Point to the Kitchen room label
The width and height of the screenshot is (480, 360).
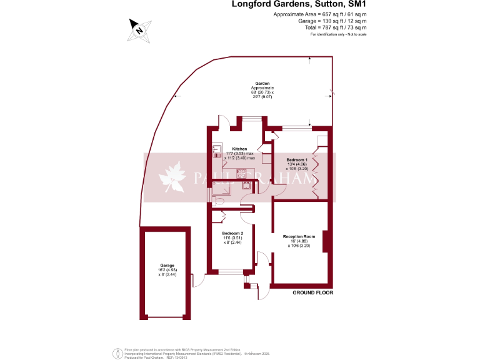(x=231, y=149)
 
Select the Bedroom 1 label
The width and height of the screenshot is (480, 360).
(x=297, y=160)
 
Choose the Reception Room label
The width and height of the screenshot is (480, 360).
(x=298, y=237)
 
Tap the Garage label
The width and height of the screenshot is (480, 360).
(x=166, y=265)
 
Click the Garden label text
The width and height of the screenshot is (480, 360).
(x=262, y=84)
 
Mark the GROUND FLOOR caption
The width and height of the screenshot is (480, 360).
(x=314, y=292)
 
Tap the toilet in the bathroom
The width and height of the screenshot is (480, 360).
(x=216, y=201)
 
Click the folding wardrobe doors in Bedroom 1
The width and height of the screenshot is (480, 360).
(x=317, y=175)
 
